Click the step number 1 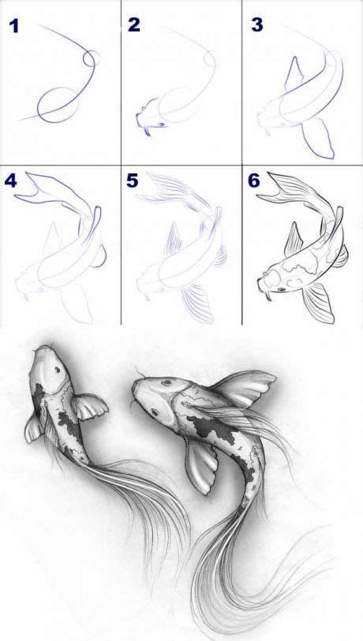coord(13,27)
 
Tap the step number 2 coord(133,25)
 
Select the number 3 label coord(256,25)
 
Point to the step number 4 coord(11,180)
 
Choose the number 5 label coord(133,180)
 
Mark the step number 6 coord(255,180)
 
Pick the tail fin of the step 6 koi coord(294,189)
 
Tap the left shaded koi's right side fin coord(88,408)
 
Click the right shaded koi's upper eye coord(164,384)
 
